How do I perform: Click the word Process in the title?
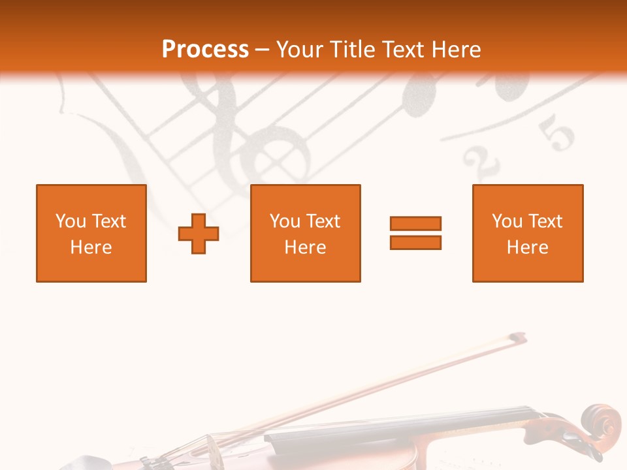coord(205,50)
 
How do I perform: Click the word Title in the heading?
coord(353,50)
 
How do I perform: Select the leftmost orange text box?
coord(91,233)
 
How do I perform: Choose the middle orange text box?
coord(306,233)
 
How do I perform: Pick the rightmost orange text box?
coord(528,233)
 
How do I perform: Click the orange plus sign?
coord(199,234)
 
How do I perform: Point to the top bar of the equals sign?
coord(415,223)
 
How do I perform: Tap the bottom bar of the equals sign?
coord(415,242)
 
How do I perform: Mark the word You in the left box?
coord(71,221)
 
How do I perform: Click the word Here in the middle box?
coord(306,247)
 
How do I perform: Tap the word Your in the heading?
coord(301,50)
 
